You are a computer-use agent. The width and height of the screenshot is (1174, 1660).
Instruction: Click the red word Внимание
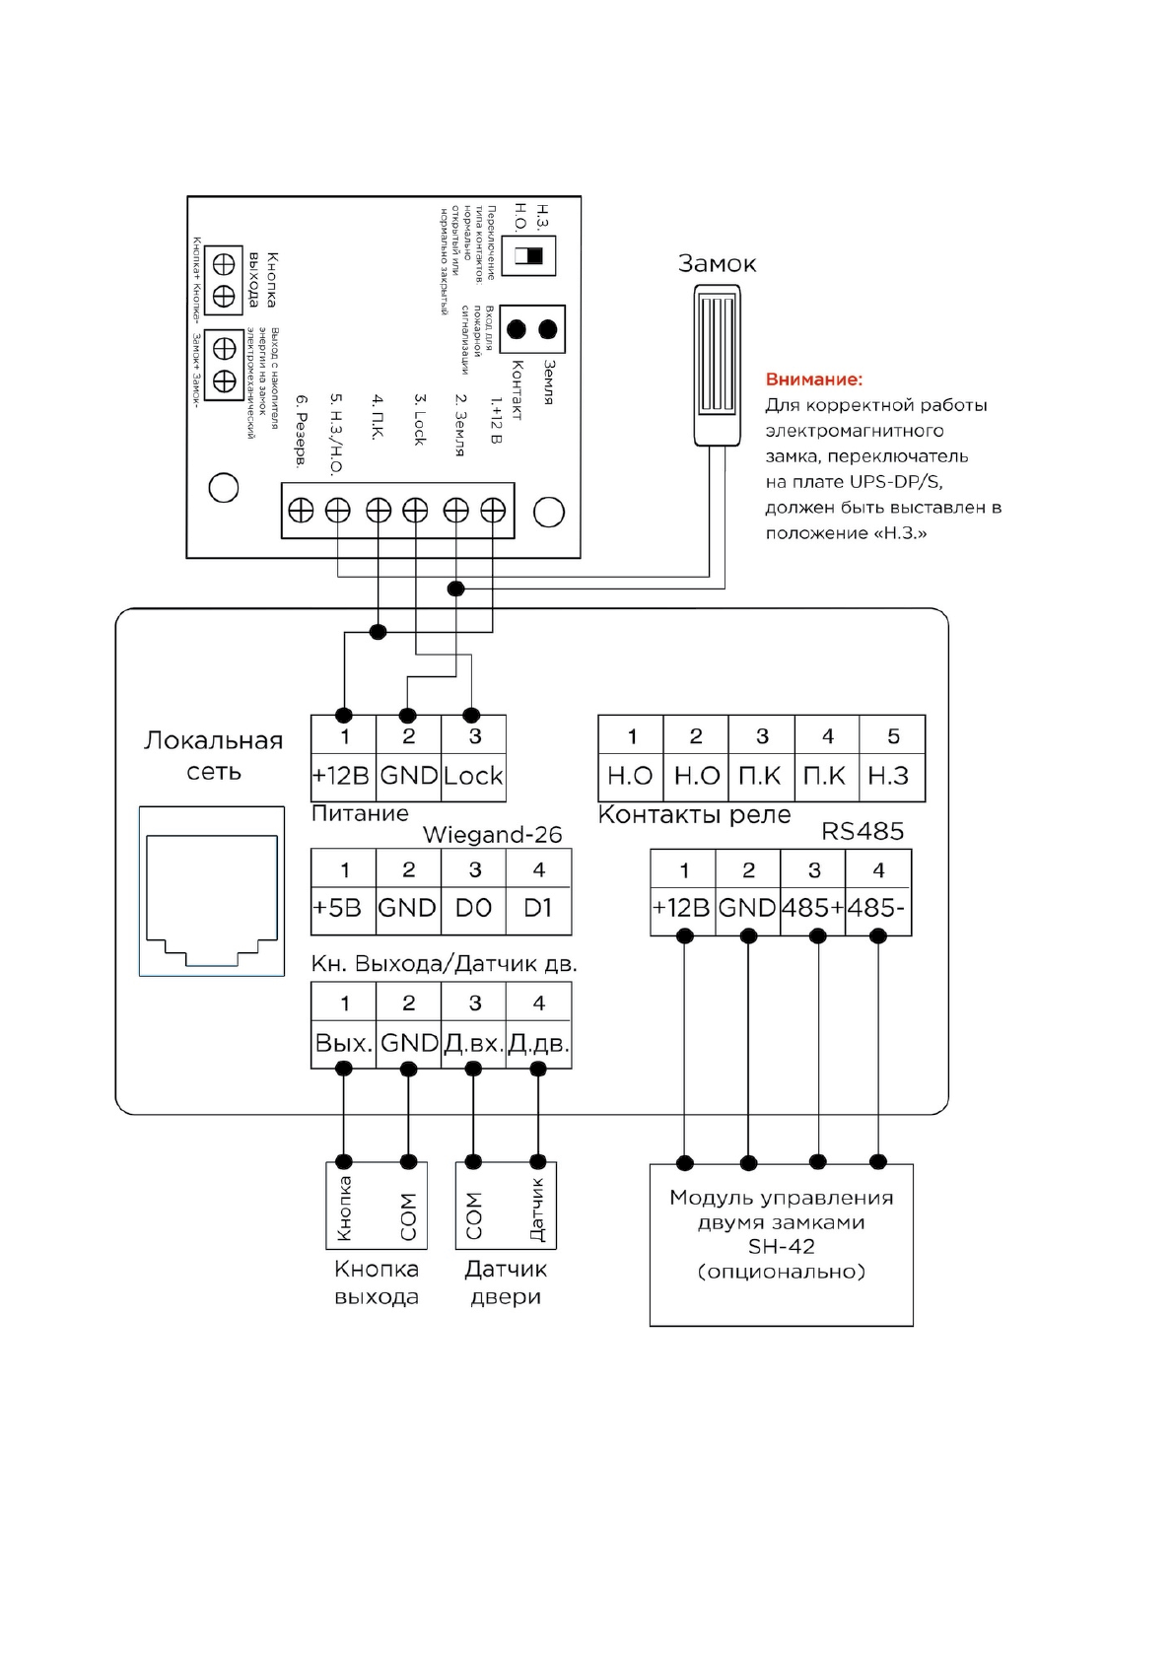(x=813, y=380)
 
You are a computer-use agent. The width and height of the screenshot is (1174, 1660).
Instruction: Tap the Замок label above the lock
(x=717, y=264)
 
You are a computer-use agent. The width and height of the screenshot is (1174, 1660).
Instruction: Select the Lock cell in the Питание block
(x=473, y=776)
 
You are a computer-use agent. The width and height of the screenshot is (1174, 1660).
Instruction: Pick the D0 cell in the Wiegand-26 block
(x=473, y=908)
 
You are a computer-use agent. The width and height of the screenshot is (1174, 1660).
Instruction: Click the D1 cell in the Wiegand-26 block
(x=538, y=908)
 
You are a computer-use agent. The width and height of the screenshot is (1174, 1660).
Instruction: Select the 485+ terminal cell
(x=812, y=908)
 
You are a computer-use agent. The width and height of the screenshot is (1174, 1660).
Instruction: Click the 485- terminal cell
(x=876, y=908)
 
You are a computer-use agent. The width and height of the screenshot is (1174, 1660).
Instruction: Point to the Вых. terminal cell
(x=343, y=1043)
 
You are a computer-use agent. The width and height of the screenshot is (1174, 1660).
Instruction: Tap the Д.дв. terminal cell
(x=538, y=1043)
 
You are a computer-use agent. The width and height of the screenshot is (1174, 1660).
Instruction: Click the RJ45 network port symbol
(x=211, y=891)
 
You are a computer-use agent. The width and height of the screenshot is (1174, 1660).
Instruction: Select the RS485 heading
(x=863, y=831)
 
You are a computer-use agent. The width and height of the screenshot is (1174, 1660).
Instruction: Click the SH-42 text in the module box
(x=781, y=1247)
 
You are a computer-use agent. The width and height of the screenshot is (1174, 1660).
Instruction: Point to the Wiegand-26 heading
(x=492, y=835)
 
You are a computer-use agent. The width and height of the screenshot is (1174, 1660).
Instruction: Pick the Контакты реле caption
(x=694, y=815)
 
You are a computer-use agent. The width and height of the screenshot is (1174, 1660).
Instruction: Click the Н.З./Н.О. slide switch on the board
(x=529, y=256)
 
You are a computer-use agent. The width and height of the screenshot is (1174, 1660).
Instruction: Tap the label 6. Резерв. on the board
(x=302, y=431)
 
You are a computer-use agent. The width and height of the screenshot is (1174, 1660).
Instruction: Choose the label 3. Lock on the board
(x=419, y=420)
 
